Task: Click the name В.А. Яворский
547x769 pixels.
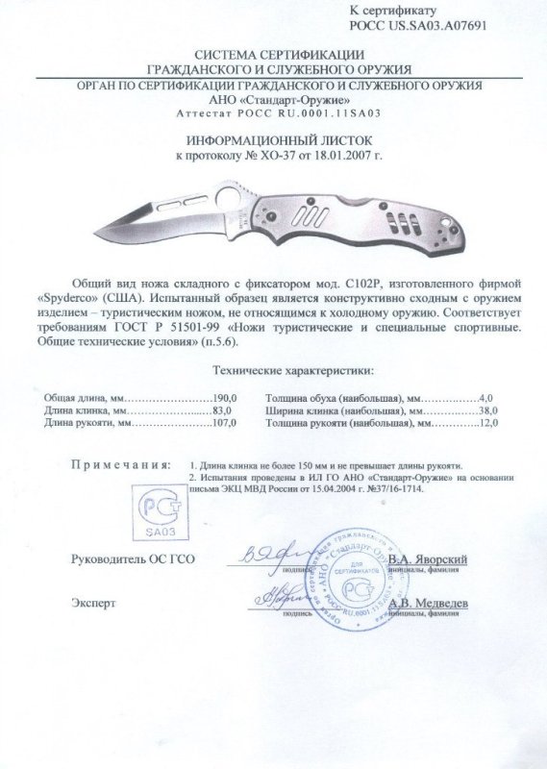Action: [428, 558]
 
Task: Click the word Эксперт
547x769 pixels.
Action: [93, 603]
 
